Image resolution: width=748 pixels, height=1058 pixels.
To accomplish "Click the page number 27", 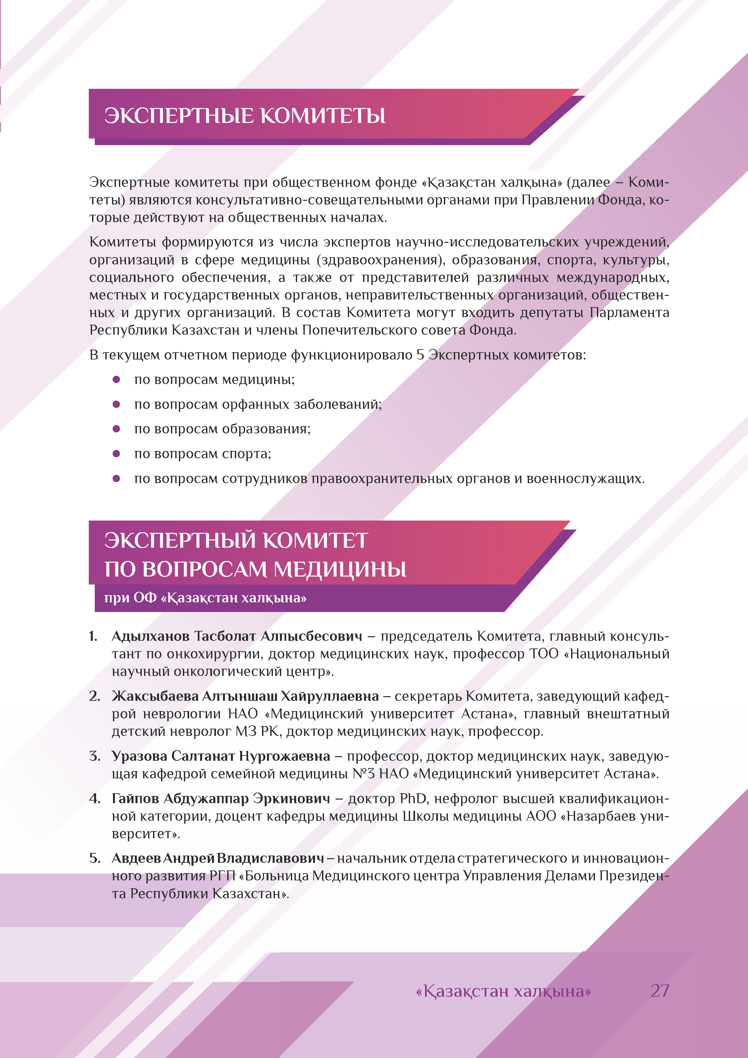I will click(660, 991).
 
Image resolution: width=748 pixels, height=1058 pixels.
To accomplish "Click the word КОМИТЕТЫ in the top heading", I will click(323, 116).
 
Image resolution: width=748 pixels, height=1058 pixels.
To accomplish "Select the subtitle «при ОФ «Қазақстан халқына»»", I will click(205, 598).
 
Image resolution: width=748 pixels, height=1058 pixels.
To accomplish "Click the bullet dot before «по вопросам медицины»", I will click(117, 379).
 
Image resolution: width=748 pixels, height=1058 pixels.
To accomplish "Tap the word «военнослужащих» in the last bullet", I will click(585, 479).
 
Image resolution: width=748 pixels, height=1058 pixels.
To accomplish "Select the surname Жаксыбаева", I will click(155, 696).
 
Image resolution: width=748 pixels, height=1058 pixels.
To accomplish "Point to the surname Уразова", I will click(139, 756).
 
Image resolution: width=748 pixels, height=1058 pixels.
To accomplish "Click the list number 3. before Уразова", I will click(94, 756).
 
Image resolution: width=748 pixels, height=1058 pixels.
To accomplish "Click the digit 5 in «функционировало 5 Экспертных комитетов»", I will click(420, 355).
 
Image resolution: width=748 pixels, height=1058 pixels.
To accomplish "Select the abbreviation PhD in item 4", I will click(414, 799).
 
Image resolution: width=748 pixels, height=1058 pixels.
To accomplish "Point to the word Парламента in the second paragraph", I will click(629, 312).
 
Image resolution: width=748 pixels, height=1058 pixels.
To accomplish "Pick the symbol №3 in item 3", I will click(364, 774).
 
